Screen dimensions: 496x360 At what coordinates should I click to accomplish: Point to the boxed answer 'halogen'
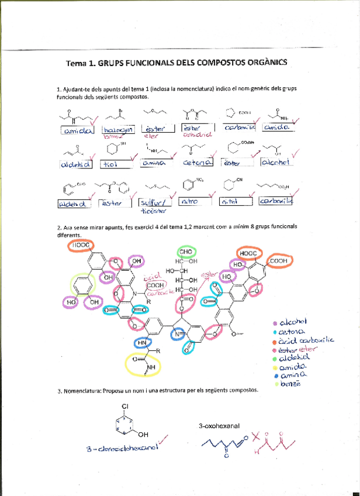pos(117,130)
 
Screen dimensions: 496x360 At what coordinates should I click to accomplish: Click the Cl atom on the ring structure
pos(124,405)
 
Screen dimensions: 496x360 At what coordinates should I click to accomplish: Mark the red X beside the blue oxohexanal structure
pos(255,435)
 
